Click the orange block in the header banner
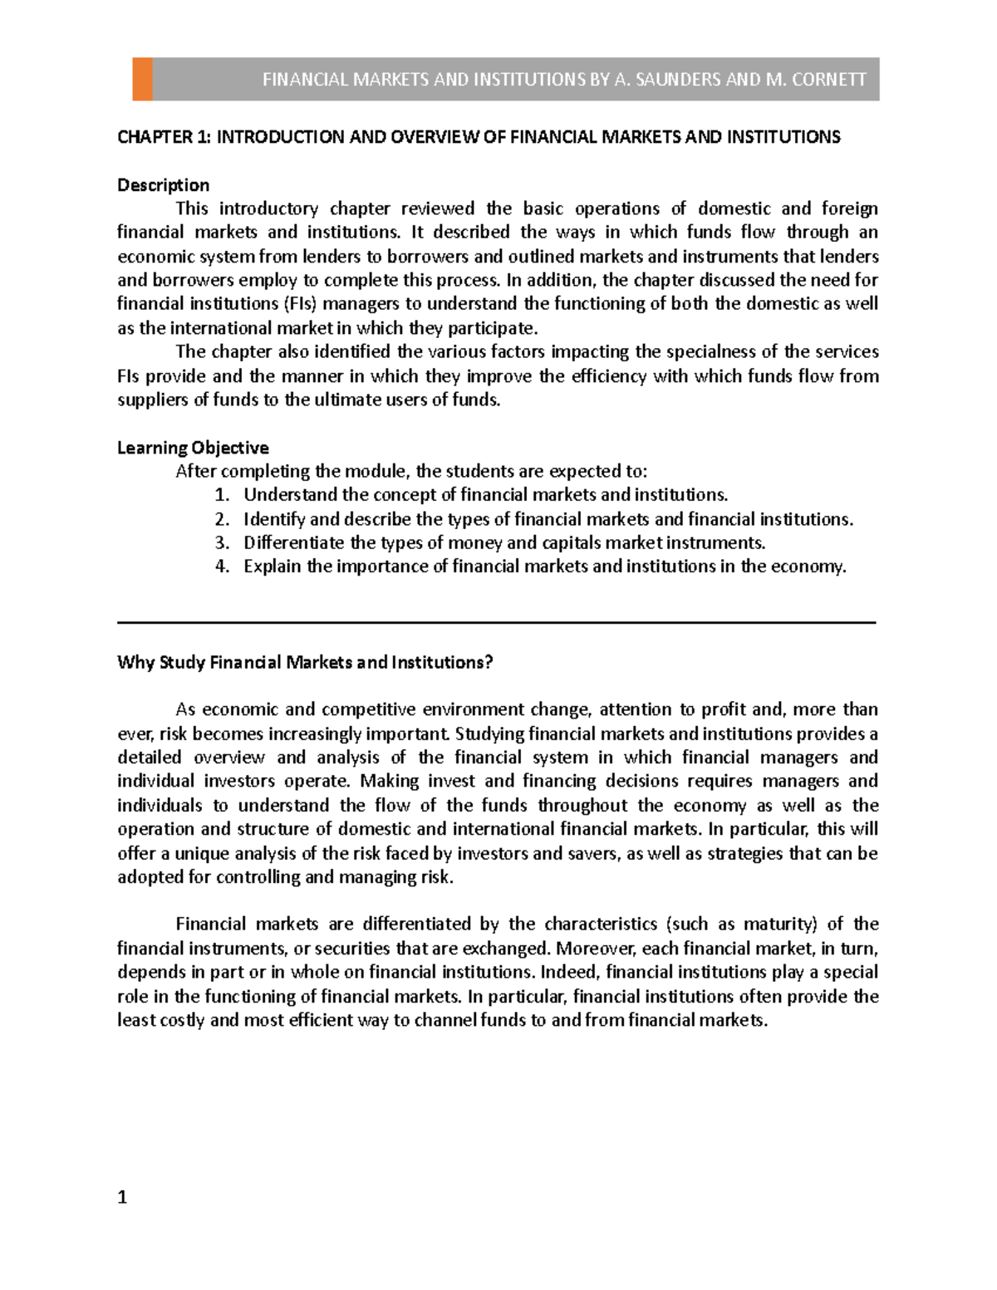point(142,80)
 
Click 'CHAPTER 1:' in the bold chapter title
point(164,137)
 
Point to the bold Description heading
point(163,185)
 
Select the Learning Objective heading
point(193,448)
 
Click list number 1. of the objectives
point(221,495)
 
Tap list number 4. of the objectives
point(221,567)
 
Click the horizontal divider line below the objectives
point(497,622)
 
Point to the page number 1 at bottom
point(123,1197)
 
